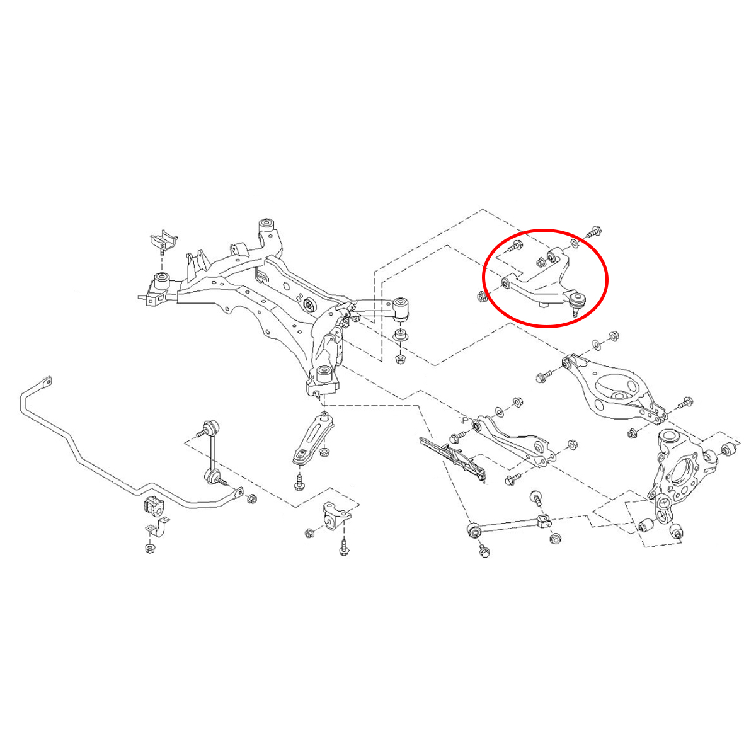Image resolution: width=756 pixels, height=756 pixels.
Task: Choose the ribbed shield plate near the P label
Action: pos(453,459)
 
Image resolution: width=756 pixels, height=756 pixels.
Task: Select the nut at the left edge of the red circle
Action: pos(481,297)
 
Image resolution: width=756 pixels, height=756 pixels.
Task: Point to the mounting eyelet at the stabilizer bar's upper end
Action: pos(47,382)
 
